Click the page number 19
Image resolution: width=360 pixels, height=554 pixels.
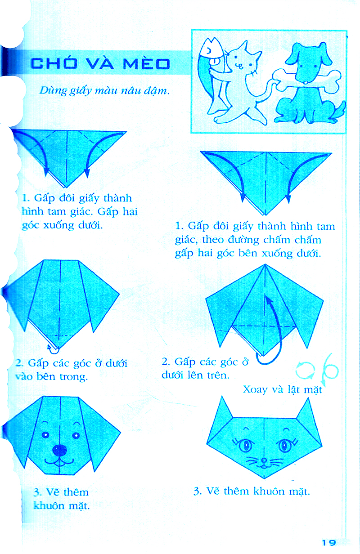(x=329, y=543)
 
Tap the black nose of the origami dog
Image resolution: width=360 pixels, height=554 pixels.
(x=60, y=450)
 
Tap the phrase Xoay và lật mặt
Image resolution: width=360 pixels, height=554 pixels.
(x=283, y=389)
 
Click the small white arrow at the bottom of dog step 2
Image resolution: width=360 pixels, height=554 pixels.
(x=51, y=346)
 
